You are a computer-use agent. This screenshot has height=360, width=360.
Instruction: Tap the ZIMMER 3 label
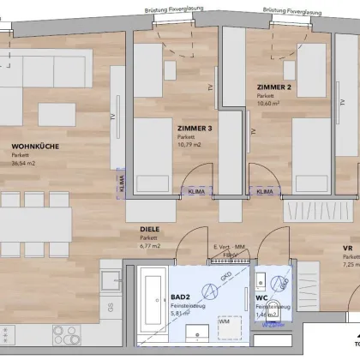(x=195, y=129)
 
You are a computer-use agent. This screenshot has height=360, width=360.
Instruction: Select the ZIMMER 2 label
(x=274, y=87)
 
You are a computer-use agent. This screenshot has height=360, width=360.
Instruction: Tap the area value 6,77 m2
(x=151, y=245)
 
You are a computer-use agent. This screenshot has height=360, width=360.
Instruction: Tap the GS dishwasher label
(x=110, y=306)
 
